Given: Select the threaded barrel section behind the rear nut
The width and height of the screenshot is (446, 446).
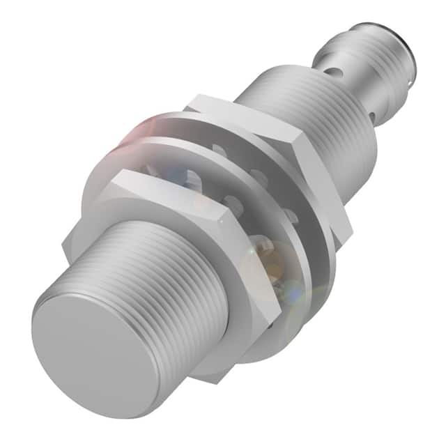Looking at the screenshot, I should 328,111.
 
